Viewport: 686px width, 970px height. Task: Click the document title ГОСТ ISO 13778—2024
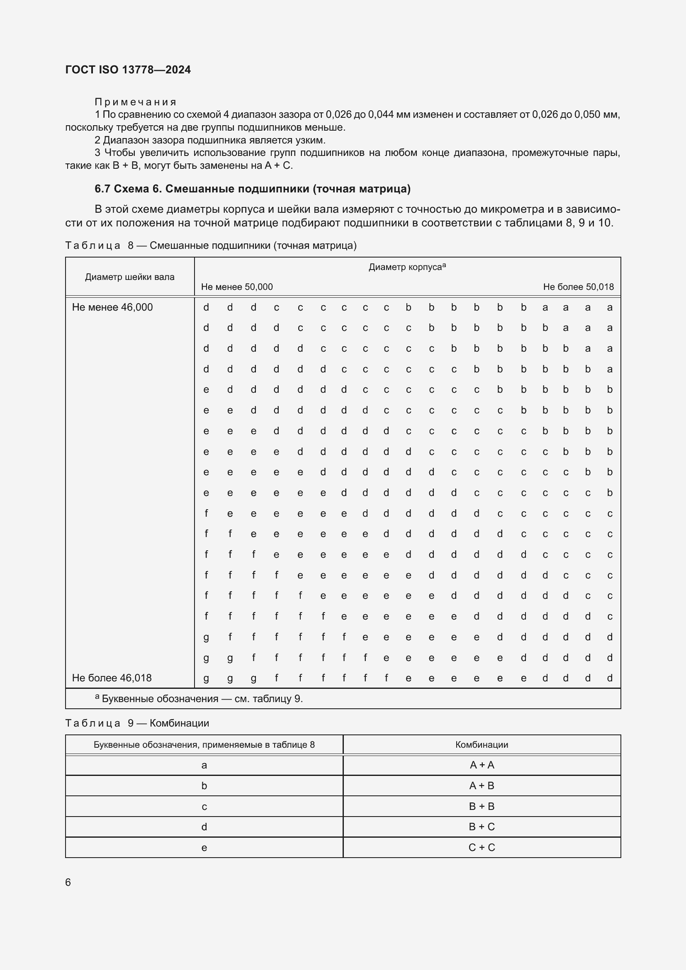pos(128,70)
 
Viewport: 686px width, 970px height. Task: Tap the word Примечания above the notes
pos(135,102)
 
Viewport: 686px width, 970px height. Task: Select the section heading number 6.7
pos(102,189)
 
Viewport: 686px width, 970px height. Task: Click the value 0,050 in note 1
pos(588,114)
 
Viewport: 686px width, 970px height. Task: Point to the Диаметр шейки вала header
pos(129,277)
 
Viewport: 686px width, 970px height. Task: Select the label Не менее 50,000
pos(236,287)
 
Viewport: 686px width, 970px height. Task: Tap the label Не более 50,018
pos(578,287)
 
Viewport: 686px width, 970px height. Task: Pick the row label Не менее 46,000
pos(112,308)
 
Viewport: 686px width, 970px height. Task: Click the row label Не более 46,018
pos(112,678)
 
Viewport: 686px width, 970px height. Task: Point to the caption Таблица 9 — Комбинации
pos(137,723)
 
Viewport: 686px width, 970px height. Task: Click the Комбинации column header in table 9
pos(482,745)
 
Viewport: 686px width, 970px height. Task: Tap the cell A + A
pos(482,765)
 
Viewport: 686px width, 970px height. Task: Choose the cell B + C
pos(482,827)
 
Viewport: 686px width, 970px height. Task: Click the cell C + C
pos(482,848)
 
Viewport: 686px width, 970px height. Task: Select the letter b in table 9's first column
pos(204,786)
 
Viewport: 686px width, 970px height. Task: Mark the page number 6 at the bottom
pos(68,882)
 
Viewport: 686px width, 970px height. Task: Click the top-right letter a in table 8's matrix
pos(610,308)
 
